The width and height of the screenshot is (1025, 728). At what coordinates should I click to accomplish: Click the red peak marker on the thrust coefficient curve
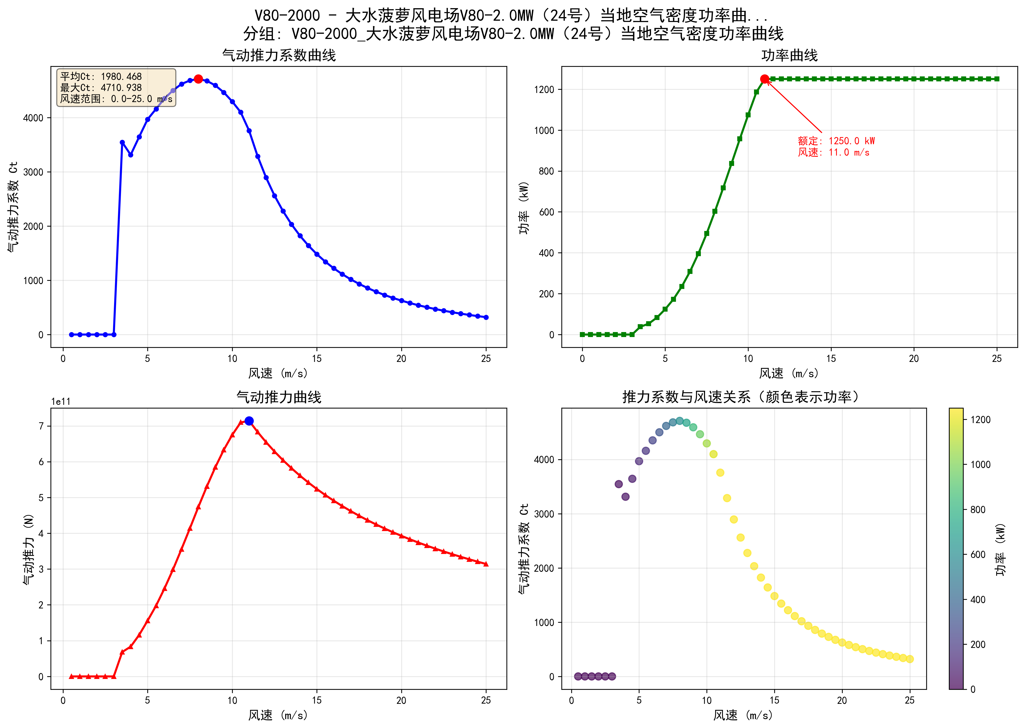198,79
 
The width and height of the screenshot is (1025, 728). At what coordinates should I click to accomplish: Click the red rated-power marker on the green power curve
765,79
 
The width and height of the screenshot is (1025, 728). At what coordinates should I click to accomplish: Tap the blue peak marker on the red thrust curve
249,421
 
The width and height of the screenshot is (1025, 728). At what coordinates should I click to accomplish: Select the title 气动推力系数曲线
279,55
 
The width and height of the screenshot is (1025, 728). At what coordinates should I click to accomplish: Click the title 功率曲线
790,55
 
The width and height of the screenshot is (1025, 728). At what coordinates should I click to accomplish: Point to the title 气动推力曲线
279,397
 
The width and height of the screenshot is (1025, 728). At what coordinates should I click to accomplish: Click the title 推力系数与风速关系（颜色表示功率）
741,397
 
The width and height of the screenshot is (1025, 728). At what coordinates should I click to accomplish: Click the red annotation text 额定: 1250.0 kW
836,141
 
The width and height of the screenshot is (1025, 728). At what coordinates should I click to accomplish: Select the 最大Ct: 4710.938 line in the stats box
101,88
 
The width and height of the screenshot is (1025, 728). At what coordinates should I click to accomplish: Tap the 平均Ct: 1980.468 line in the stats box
101,77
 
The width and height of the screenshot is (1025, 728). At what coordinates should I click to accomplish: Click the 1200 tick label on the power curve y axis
544,90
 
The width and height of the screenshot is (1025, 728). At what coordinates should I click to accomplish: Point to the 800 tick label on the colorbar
977,510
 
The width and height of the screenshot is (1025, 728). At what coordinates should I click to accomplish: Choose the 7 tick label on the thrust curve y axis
41,426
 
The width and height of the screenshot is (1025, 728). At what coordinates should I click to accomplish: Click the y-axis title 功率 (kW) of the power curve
524,208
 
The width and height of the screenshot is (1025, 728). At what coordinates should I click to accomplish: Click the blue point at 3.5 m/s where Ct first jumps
122,142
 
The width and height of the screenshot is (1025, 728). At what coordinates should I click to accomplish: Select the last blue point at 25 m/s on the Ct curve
486,317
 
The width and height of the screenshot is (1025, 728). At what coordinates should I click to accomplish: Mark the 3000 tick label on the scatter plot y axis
544,514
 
